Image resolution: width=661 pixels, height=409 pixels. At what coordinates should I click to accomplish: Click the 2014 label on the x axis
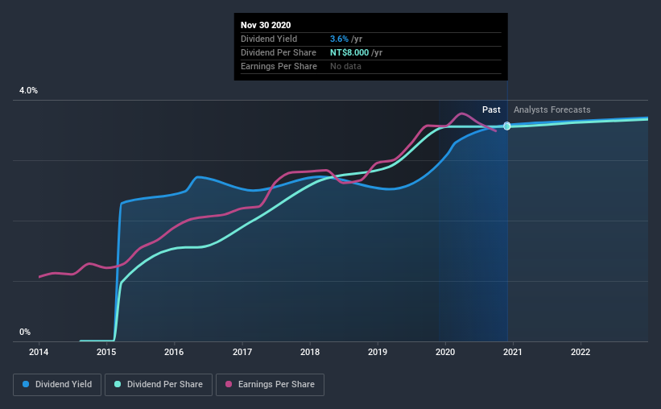pos(39,352)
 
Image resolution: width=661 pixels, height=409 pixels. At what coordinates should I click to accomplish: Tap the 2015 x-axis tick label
pos(106,352)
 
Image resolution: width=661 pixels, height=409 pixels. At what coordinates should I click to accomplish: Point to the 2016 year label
pos(174,352)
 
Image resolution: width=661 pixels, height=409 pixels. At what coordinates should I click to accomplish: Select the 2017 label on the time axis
pos(242,352)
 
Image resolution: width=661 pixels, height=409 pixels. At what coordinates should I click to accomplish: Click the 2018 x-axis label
pos(310,352)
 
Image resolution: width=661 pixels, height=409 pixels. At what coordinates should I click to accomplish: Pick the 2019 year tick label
pos(378,352)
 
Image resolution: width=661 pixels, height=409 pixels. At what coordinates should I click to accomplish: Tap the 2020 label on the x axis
pos(445,352)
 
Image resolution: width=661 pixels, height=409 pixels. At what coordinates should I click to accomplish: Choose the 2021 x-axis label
pos(513,352)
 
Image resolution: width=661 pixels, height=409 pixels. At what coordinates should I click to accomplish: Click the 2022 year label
pos(580,352)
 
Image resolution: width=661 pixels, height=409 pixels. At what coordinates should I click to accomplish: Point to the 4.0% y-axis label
pos(28,91)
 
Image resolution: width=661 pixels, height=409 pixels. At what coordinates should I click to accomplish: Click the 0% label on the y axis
pos(25,332)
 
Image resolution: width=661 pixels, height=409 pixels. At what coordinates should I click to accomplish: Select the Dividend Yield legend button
pos(57,385)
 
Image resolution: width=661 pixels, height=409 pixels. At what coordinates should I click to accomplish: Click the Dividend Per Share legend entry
pos(163,385)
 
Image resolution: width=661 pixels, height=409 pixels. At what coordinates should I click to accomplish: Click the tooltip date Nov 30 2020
pos(266,25)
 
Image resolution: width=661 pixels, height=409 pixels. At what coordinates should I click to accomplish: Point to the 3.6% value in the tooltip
pos(341,39)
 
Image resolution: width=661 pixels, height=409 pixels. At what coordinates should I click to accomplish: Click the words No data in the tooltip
pos(346,66)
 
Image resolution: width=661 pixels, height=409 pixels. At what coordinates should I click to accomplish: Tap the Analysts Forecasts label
pos(552,109)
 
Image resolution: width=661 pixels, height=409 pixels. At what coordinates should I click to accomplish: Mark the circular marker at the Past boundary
pos(507,126)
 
